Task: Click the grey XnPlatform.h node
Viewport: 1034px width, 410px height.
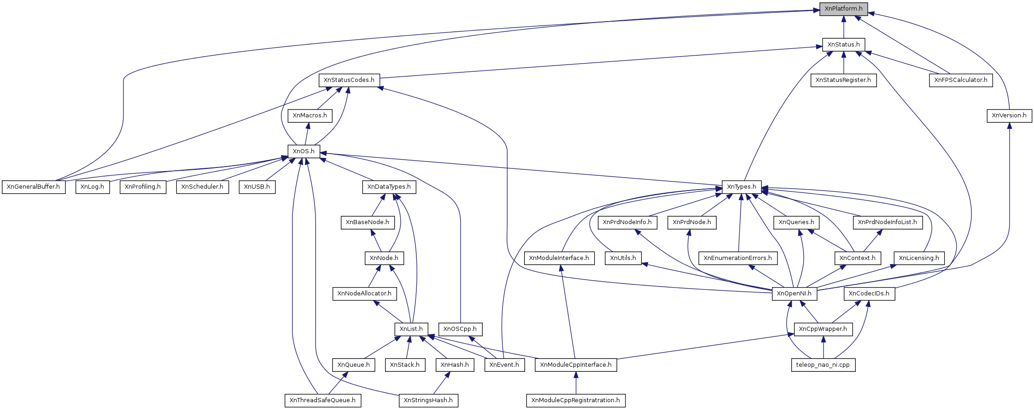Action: (x=843, y=9)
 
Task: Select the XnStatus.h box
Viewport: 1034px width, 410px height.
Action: (x=843, y=45)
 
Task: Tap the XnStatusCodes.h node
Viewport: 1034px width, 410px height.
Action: (x=349, y=80)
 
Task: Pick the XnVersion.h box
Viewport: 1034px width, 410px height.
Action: (x=1009, y=115)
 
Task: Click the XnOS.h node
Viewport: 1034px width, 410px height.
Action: (x=304, y=151)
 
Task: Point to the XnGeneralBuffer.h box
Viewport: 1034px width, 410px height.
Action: (x=33, y=187)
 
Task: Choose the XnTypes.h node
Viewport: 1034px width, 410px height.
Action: (x=741, y=187)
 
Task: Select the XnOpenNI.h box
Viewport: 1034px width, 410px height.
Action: (x=794, y=294)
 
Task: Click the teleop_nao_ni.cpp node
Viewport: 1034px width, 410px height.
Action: (x=823, y=365)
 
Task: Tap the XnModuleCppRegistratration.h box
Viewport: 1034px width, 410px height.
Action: (x=575, y=400)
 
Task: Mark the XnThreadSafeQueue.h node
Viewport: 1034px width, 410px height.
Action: (x=322, y=400)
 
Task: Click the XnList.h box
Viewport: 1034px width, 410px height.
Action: (x=411, y=329)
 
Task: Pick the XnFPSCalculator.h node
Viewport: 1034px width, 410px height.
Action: (x=960, y=80)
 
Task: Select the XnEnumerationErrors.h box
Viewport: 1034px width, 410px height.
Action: (x=737, y=258)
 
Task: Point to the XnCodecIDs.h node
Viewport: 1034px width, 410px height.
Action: (x=869, y=294)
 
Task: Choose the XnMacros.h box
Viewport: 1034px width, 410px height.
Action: (x=310, y=115)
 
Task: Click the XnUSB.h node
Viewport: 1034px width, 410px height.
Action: (x=257, y=187)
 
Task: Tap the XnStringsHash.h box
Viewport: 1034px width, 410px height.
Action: (x=428, y=400)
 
